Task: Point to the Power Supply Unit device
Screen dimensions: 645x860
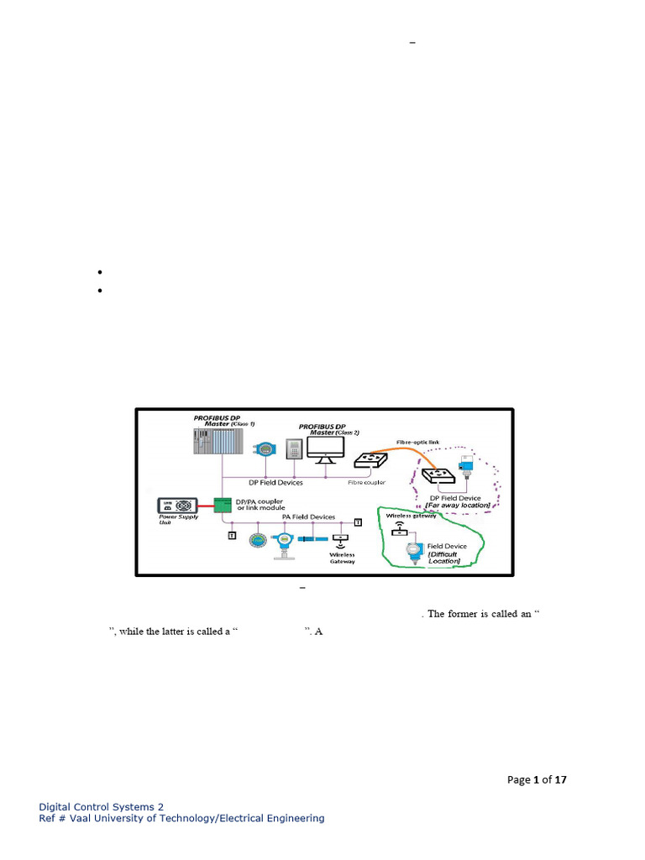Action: coord(178,506)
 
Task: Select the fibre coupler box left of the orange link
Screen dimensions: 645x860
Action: coord(369,460)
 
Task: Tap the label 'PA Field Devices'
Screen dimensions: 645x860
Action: coord(308,517)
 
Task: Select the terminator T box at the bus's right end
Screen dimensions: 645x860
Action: coord(358,522)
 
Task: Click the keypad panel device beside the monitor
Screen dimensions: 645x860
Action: coord(295,450)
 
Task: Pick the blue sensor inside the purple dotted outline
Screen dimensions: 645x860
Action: coord(464,465)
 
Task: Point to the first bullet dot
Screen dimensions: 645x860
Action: coord(99,273)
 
